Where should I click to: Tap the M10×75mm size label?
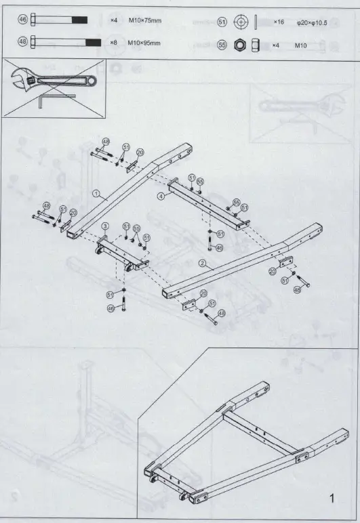145,21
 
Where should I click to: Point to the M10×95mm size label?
145,43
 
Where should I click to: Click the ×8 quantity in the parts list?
114,43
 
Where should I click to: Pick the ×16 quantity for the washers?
279,22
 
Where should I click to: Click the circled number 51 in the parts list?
221,22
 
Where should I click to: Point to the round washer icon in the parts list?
239,22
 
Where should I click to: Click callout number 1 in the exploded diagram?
97,193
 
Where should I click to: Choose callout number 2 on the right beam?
202,262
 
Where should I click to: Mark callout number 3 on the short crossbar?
105,225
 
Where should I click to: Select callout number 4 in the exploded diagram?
161,197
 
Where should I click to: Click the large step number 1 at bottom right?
332,499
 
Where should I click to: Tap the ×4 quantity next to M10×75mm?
114,21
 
